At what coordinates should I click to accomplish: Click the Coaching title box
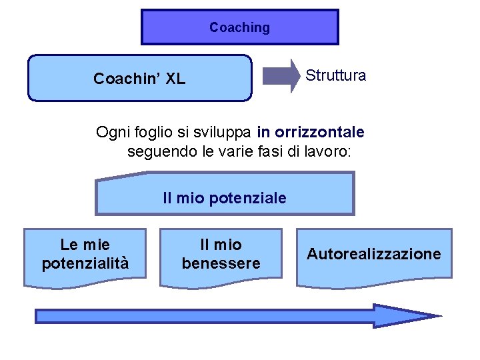(239, 27)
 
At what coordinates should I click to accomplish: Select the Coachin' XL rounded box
(139, 78)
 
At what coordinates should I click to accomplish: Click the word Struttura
(335, 75)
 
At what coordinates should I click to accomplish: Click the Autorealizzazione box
(373, 257)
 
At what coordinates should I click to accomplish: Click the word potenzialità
(85, 264)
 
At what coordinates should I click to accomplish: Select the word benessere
(221, 264)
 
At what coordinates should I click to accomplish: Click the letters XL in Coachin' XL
(175, 79)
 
